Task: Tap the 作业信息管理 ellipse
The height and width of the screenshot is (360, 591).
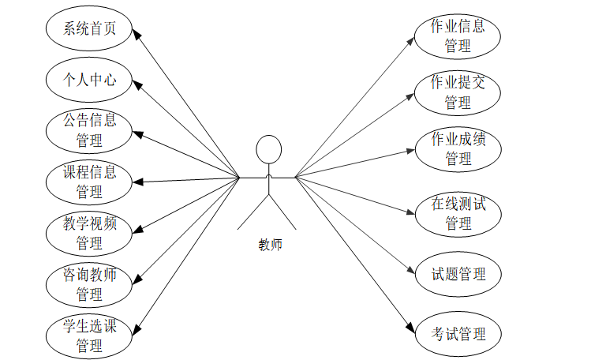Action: click(x=457, y=36)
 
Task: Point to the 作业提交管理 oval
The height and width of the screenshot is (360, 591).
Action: click(x=457, y=92)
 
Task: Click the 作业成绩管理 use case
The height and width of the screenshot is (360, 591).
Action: click(x=457, y=148)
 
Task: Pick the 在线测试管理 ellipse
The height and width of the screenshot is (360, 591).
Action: click(x=457, y=213)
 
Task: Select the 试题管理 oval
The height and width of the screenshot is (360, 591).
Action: click(x=457, y=274)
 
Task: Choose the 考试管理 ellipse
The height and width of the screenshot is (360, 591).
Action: click(x=457, y=333)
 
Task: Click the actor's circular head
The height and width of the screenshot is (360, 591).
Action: click(x=268, y=149)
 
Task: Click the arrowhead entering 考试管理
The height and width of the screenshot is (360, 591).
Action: click(x=410, y=328)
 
